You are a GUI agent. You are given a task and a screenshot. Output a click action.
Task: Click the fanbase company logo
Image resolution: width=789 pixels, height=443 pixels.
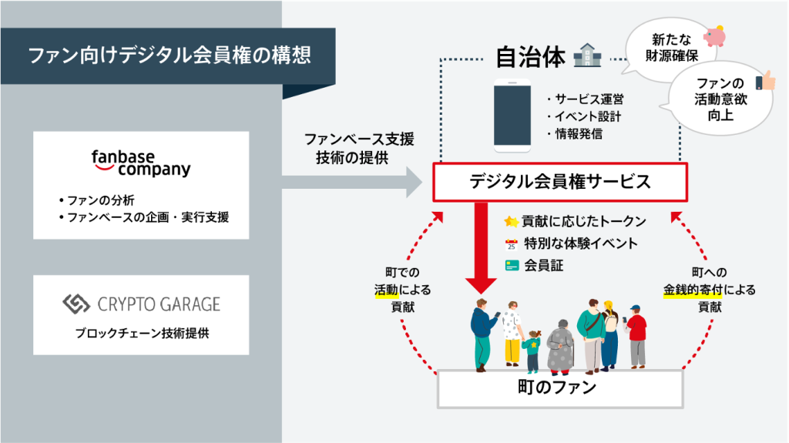click(x=141, y=163)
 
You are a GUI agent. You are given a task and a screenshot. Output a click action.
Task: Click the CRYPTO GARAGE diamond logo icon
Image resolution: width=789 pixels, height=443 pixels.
click(x=76, y=304)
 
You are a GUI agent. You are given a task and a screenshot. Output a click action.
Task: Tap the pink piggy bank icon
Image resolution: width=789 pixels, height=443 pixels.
click(x=715, y=35)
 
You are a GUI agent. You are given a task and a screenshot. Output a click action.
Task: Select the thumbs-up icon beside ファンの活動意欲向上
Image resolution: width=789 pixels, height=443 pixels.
click(x=766, y=81)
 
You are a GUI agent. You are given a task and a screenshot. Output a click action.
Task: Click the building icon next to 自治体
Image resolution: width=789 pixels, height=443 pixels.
click(x=587, y=55)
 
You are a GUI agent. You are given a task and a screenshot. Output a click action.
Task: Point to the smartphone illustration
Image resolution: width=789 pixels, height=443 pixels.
click(x=512, y=116)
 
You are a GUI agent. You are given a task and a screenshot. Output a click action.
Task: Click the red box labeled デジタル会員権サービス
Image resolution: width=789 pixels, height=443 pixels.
click(x=560, y=182)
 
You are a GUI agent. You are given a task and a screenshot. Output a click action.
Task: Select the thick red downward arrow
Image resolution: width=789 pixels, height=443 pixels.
click(x=481, y=247)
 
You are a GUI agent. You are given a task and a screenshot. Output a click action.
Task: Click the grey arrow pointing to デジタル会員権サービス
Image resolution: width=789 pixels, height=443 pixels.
click(x=351, y=183)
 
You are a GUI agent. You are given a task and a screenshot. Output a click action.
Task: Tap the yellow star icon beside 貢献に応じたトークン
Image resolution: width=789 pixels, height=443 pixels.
click(x=512, y=222)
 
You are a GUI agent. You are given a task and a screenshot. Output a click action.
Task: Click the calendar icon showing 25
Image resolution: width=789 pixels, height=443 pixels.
click(x=512, y=245)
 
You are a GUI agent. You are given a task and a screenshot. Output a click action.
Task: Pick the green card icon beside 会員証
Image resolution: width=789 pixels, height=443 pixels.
click(x=512, y=266)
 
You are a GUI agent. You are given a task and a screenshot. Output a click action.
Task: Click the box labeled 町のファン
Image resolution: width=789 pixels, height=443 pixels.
click(x=560, y=388)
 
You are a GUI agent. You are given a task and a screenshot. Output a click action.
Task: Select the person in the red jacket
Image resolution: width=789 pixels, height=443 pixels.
click(x=636, y=336)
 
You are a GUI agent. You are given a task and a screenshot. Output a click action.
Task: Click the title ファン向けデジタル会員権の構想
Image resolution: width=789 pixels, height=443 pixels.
click(x=170, y=55)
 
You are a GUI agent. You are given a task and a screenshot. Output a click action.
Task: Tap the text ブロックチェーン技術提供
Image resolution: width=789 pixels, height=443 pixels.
click(x=142, y=334)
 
